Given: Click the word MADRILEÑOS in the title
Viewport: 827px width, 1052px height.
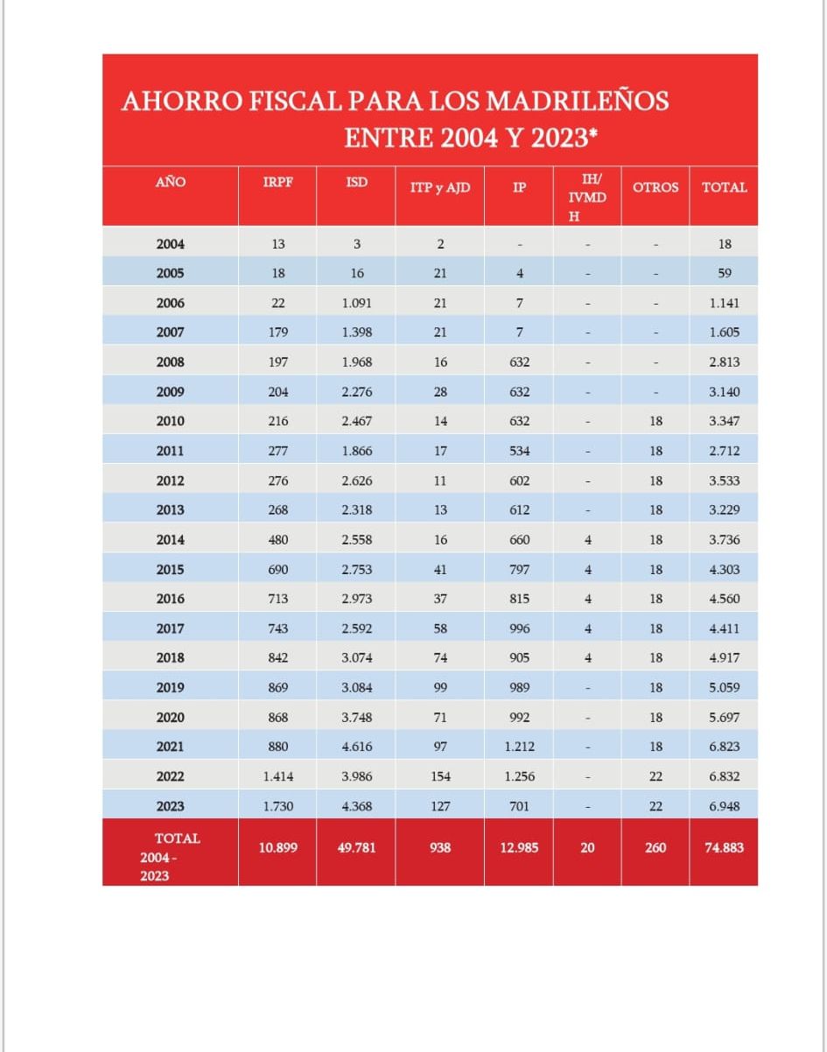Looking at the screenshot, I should click(x=578, y=101).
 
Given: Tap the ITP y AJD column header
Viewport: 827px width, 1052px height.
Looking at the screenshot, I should click(x=440, y=186).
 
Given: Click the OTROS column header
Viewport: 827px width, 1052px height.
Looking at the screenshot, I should click(x=655, y=187).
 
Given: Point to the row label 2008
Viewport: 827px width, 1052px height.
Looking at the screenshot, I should click(x=170, y=361).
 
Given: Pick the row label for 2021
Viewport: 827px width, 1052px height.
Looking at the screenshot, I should click(x=170, y=747).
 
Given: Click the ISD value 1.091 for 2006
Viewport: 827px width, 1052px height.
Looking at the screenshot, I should click(x=357, y=303).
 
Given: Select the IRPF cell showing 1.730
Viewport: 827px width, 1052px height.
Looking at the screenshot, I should click(x=278, y=806).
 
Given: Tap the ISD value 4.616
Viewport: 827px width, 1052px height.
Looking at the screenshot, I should click(x=357, y=747).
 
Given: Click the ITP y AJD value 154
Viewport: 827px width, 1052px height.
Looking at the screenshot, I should click(x=440, y=776).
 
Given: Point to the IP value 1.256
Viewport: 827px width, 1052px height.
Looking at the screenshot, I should click(x=519, y=776).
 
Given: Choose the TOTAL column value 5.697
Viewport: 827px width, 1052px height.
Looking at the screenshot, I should click(x=724, y=717).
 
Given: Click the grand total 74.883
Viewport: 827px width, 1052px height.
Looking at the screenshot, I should click(x=724, y=847).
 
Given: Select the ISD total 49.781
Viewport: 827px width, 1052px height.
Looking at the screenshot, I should click(x=357, y=847).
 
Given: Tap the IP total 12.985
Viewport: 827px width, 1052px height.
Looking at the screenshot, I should click(x=519, y=847).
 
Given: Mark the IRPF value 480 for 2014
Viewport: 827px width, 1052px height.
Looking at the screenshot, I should click(x=278, y=540).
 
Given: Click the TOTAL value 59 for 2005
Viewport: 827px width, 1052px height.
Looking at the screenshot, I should click(x=724, y=273).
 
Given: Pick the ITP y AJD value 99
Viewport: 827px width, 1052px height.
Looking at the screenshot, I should click(x=440, y=688).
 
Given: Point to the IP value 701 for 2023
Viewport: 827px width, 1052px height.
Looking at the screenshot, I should click(x=519, y=806).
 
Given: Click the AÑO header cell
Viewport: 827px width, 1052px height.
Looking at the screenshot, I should click(x=170, y=182).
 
